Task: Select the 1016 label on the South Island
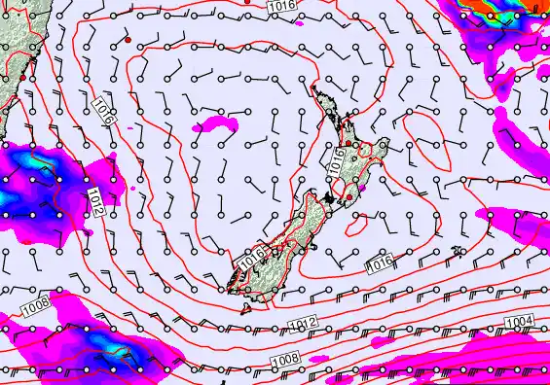[x=251, y=260]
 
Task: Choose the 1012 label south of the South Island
[x=302, y=323]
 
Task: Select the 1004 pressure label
[x=520, y=322]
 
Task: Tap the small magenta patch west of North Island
[x=218, y=124]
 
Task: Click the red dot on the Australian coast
[x=24, y=74]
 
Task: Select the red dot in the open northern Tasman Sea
[x=128, y=40]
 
